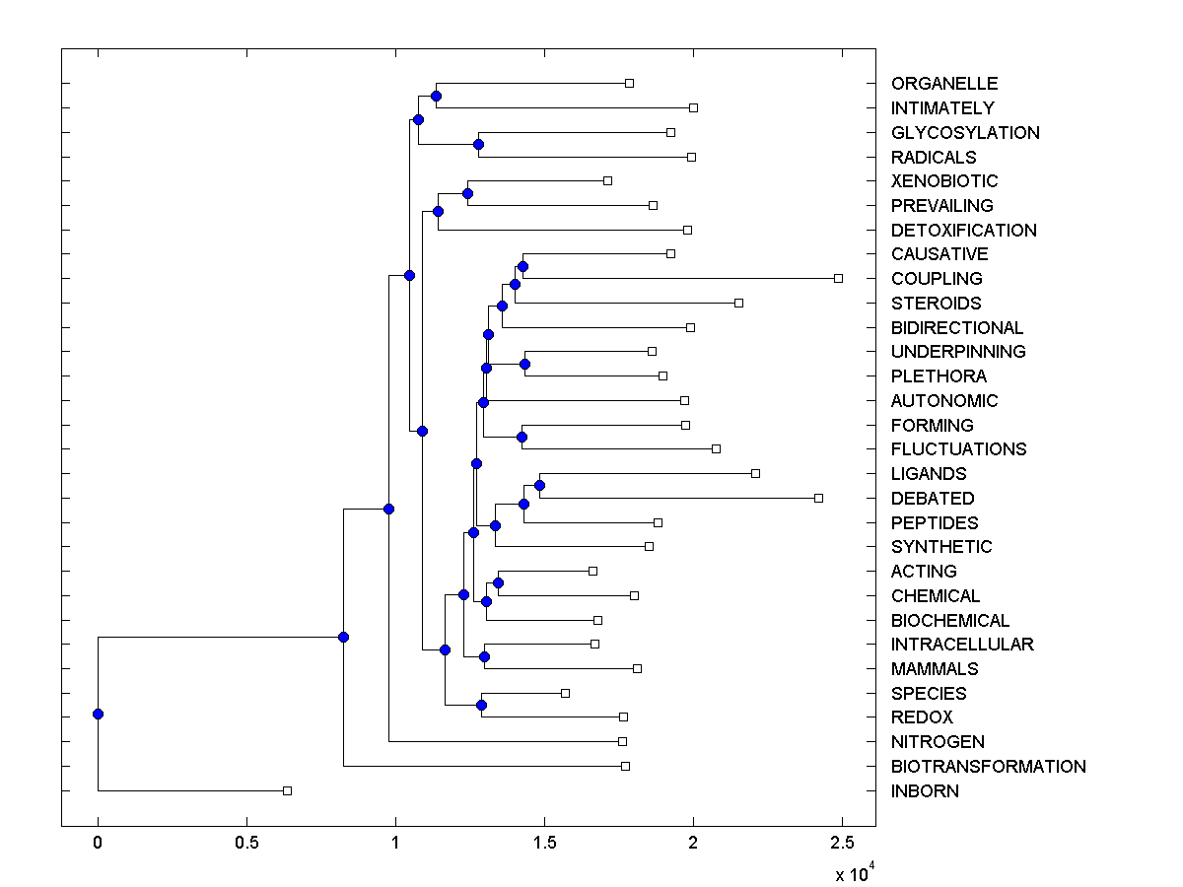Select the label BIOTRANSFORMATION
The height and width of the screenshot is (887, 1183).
(x=988, y=767)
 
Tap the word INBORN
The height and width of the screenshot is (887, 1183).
(x=925, y=791)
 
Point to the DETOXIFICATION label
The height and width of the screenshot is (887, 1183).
(x=963, y=231)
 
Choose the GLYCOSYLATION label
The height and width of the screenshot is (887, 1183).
(x=964, y=133)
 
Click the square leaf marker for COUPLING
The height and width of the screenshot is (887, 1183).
(x=839, y=279)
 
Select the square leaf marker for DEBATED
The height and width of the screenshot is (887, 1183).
(x=818, y=498)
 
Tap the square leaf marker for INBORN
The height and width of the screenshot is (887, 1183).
(x=288, y=790)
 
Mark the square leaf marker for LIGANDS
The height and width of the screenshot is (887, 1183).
(x=756, y=474)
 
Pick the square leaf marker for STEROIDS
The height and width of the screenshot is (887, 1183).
(x=738, y=303)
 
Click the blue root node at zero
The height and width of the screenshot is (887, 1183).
(x=98, y=714)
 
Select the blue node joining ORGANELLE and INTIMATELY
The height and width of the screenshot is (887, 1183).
(x=436, y=96)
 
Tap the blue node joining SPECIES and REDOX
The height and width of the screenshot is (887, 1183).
(x=481, y=705)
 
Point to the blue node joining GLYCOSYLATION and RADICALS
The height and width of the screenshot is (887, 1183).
(x=478, y=145)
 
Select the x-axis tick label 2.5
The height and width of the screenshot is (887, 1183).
(x=842, y=844)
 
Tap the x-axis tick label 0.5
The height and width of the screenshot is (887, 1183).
(x=246, y=844)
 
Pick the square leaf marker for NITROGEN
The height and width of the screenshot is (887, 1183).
(x=622, y=741)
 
